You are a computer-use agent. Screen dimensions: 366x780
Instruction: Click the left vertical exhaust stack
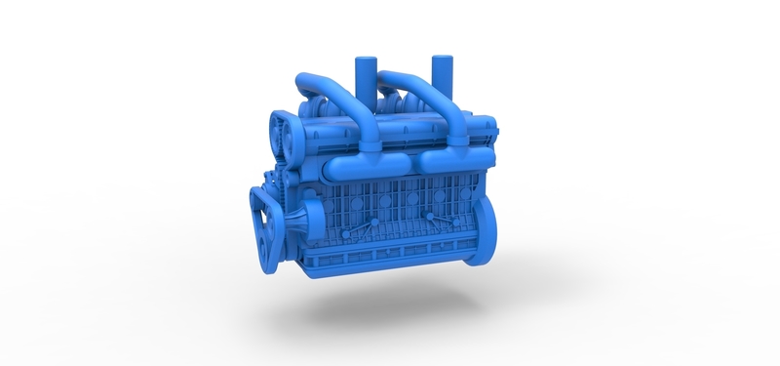[365, 76]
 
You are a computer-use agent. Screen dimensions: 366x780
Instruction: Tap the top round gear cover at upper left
[286, 134]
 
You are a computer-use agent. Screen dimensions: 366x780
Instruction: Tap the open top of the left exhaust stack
[365, 59]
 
